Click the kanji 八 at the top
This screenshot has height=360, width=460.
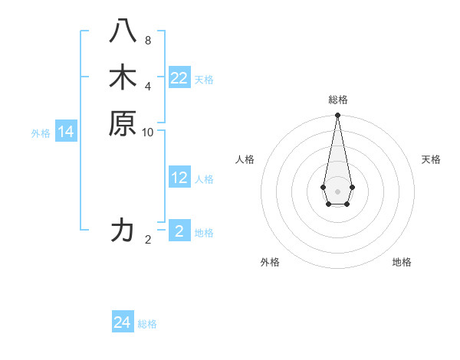(123, 33)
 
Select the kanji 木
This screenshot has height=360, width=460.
(123, 77)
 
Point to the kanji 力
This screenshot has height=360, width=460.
(123, 230)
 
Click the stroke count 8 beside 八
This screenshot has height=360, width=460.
(147, 41)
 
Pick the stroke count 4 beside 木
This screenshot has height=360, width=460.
(147, 85)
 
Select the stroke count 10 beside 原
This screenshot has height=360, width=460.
(147, 132)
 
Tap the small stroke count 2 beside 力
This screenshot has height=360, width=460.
(147, 240)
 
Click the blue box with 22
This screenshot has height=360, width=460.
(179, 78)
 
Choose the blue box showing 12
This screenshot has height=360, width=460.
(179, 178)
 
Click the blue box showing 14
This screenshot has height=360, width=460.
(66, 132)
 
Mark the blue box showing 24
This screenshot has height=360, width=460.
(123, 322)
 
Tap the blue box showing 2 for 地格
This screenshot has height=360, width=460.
(179, 231)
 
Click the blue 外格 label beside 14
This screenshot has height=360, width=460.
(41, 133)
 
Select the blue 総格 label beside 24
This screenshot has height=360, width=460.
(147, 324)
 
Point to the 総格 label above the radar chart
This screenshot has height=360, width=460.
(337, 100)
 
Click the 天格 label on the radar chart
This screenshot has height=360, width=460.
(431, 159)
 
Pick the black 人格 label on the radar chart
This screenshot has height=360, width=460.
(245, 159)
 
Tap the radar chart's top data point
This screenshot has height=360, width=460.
(337, 116)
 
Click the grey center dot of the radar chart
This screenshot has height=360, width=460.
(337, 191)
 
